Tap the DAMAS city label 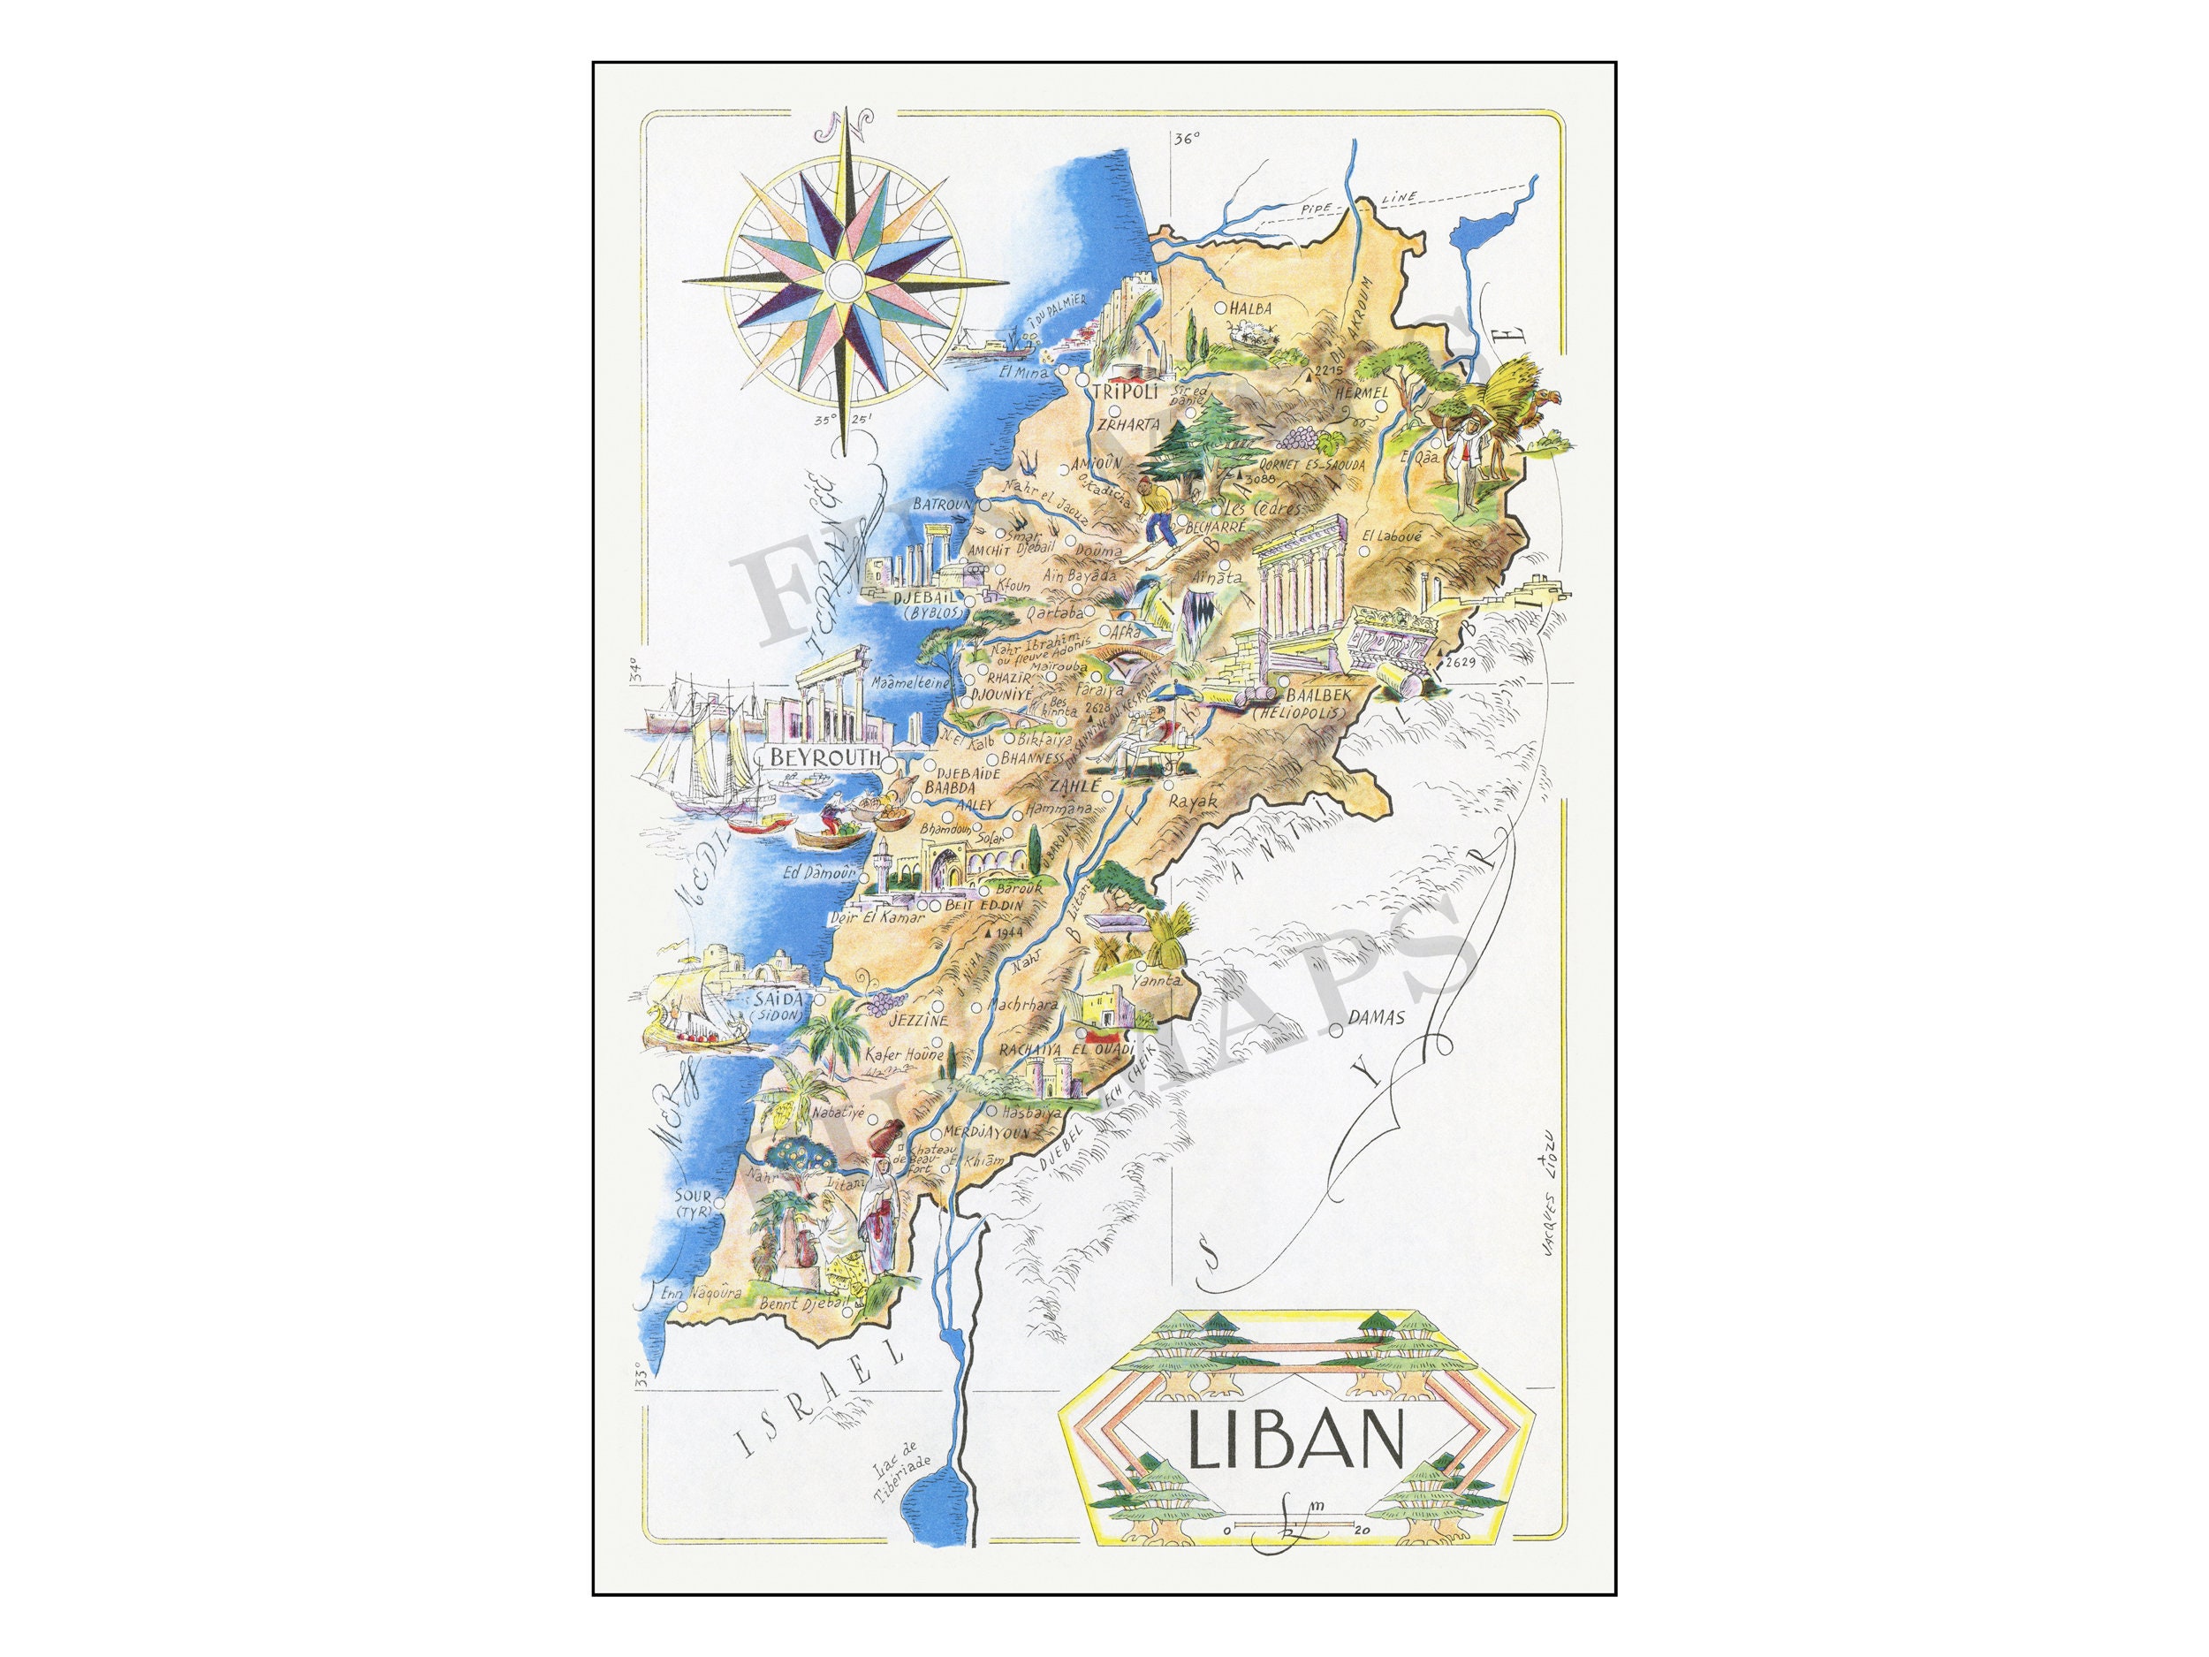pyautogui.click(x=1376, y=1020)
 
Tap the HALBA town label pyautogui.click(x=1251, y=308)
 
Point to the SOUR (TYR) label pyautogui.click(x=693, y=1204)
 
